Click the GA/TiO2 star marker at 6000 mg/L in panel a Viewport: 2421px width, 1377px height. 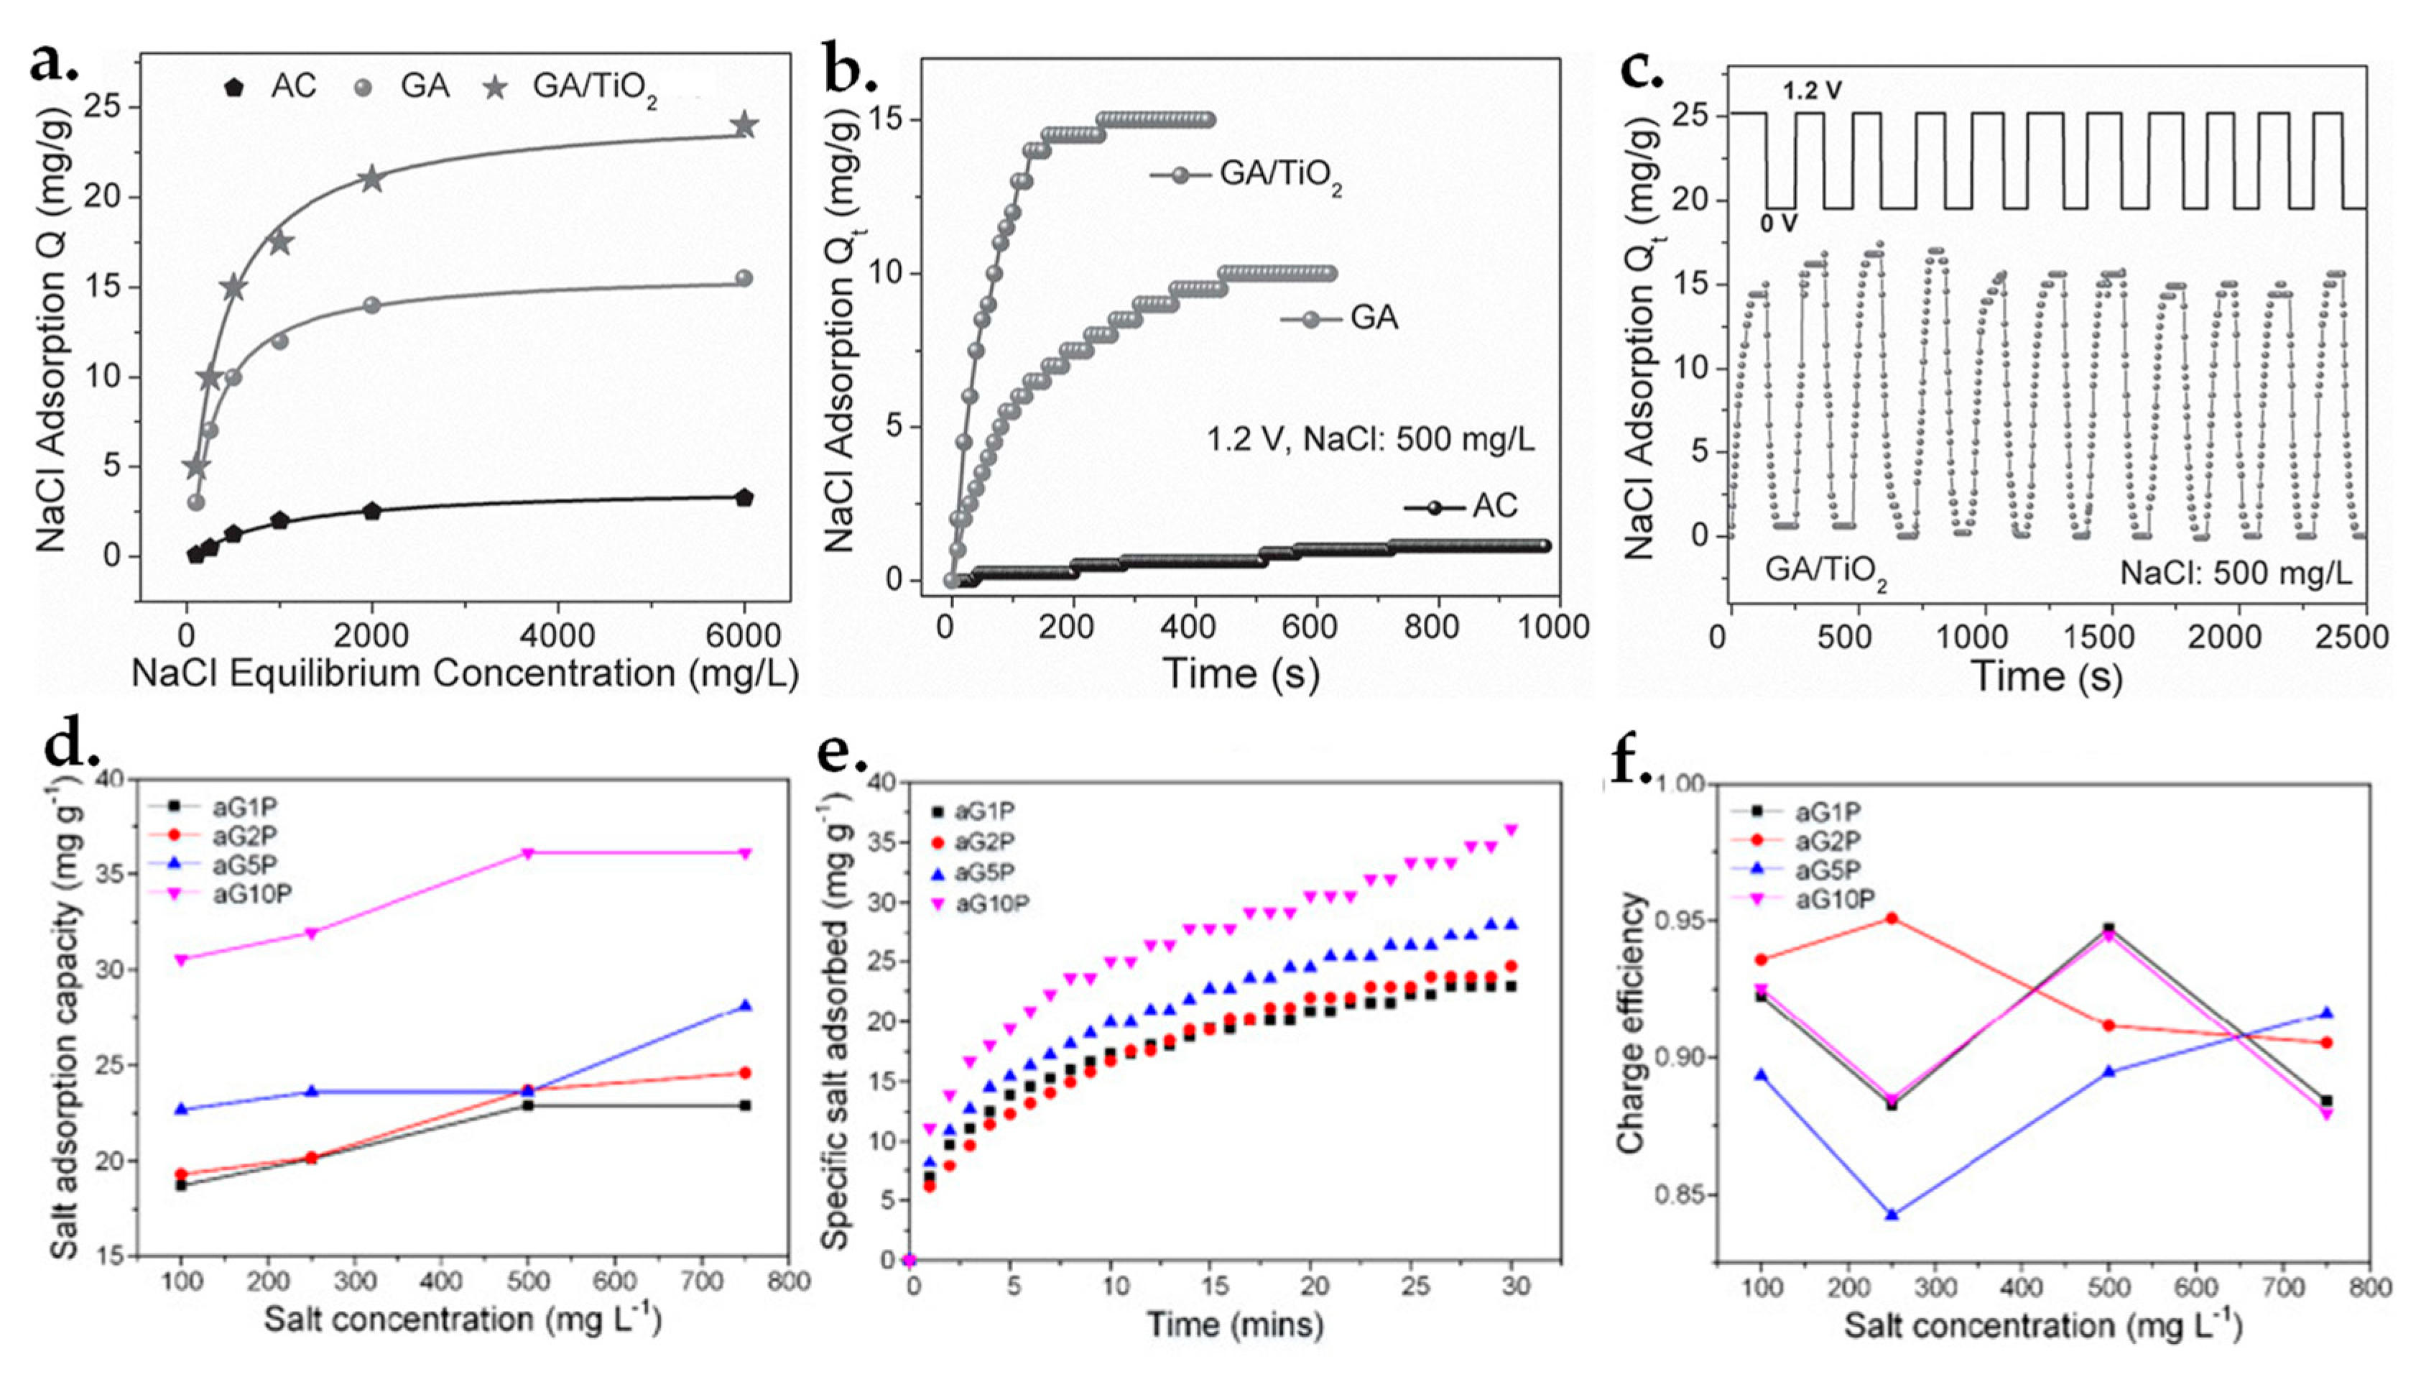tap(745, 125)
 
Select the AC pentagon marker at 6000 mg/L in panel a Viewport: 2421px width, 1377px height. tap(744, 497)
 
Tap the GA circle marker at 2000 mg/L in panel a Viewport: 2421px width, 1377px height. tap(372, 305)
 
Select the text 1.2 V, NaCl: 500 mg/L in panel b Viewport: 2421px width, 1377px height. tap(1371, 440)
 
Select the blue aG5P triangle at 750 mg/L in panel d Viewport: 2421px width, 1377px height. tap(745, 1005)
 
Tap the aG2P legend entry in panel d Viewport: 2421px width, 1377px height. tap(227, 836)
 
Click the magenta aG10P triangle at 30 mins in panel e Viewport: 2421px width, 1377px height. tap(1511, 829)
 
